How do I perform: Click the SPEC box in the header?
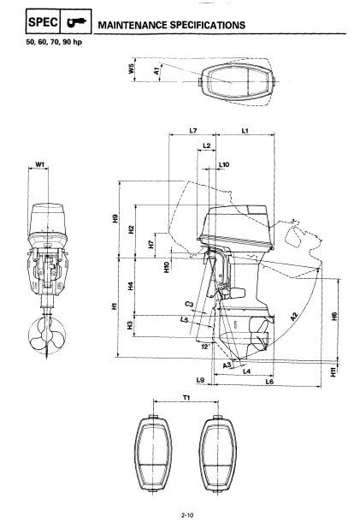43,21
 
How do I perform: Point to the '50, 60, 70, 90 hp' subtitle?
54,43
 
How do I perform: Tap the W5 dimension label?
131,69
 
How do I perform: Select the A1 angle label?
156,71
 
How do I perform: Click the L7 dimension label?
192,131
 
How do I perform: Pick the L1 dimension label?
245,131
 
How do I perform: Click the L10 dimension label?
224,164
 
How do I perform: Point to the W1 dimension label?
40,164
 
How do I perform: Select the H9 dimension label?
115,218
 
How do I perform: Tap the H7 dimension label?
151,244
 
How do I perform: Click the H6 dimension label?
333,316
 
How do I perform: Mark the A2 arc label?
294,316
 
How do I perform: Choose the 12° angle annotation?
205,347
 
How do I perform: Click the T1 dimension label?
186,398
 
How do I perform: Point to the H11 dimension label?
333,371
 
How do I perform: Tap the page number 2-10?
187,515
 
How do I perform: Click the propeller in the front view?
47,335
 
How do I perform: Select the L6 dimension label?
269,382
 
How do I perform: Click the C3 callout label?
190,305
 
